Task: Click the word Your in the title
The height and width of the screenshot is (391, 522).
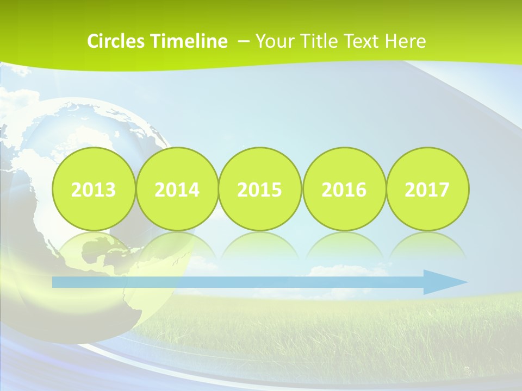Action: [274, 41]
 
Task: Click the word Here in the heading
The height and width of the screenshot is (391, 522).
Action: [406, 41]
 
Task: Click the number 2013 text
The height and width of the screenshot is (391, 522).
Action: [94, 190]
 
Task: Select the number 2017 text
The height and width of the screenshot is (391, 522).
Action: [427, 190]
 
